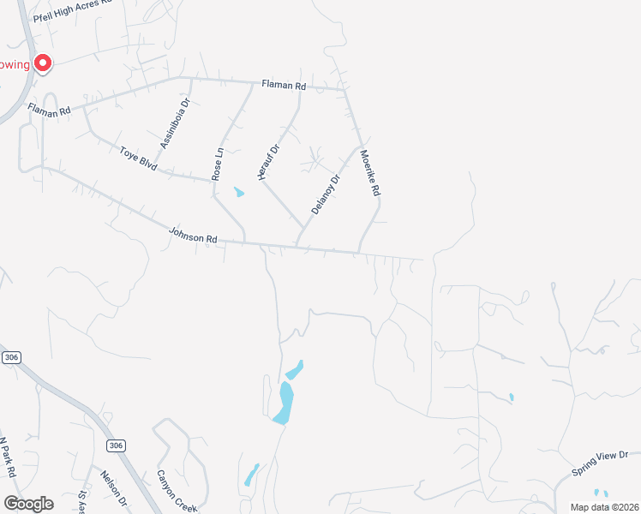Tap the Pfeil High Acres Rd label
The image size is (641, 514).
(72, 10)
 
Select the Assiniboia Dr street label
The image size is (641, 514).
(175, 124)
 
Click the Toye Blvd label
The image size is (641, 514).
(138, 158)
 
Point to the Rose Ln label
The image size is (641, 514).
(218, 164)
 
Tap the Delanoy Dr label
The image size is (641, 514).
(326, 194)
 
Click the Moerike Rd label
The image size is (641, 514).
(369, 175)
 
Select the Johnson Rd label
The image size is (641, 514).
(194, 235)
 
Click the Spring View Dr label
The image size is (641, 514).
(600, 463)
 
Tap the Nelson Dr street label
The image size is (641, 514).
(113, 489)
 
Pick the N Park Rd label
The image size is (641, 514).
(8, 458)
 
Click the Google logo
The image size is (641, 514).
(27, 504)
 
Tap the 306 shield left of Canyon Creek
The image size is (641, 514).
(117, 445)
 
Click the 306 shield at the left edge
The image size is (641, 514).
(11, 357)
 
